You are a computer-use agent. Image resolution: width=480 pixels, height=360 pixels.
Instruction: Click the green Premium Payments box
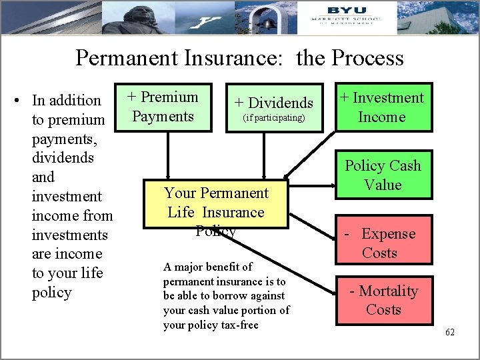163,107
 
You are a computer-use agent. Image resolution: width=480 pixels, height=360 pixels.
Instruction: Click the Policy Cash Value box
383,175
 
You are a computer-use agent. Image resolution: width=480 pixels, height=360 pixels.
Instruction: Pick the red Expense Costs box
383,243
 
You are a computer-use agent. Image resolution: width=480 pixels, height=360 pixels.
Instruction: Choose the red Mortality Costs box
383,300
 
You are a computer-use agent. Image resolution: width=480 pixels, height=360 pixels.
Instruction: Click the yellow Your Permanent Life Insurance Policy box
216,203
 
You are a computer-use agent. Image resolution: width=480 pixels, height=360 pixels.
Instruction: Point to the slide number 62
449,332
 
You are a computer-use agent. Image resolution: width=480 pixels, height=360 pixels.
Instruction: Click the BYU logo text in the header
347,11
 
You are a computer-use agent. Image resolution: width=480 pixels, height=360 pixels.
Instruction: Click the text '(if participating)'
273,118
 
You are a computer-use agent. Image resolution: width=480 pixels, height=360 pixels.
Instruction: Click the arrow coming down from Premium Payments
168,153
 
